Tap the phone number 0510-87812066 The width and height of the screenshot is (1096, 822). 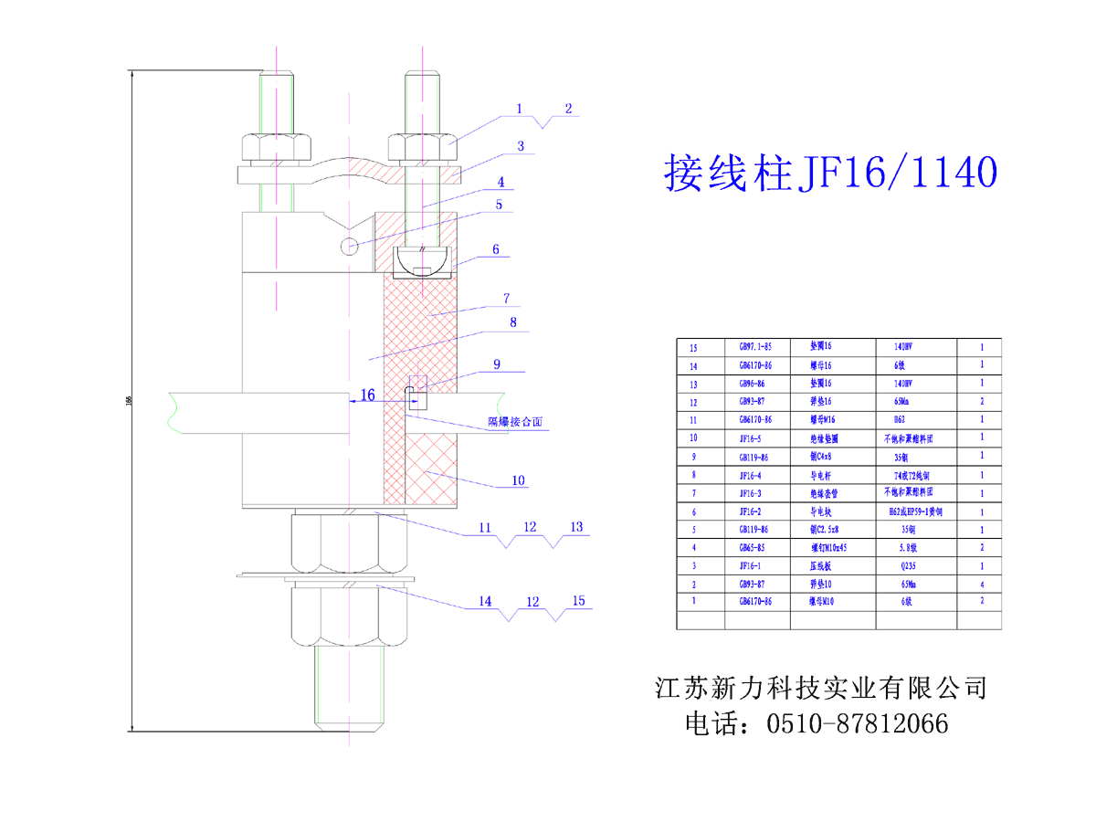click(858, 724)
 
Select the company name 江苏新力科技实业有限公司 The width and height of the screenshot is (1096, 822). click(821, 687)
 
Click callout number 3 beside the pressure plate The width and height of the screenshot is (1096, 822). click(520, 145)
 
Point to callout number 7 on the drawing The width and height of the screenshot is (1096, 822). click(505, 298)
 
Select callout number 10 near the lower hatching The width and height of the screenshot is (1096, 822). click(519, 480)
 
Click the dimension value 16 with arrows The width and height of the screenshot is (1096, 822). click(367, 395)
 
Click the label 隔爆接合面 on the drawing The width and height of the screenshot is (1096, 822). click(515, 423)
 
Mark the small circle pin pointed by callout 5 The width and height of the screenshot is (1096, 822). click(349, 246)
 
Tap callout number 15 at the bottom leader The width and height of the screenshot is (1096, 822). click(577, 601)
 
